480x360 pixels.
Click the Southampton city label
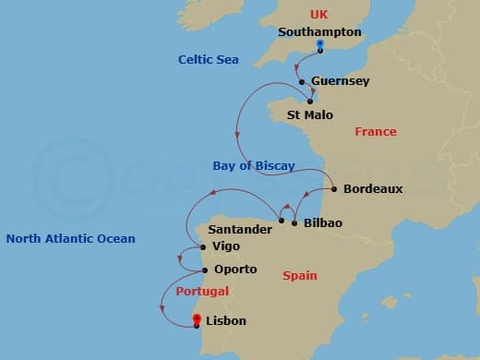coord(319,32)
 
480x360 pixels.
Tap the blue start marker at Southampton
coord(319,45)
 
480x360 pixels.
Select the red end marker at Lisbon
coord(197,320)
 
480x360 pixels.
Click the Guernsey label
coord(341,81)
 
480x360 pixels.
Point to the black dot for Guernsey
coord(302,81)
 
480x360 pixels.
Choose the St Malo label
coord(310,115)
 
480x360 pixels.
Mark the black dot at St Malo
coord(310,102)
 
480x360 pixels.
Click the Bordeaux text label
coord(373,188)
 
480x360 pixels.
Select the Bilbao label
coord(323,223)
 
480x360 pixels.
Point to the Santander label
coord(240,229)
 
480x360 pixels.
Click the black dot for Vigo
coord(203,247)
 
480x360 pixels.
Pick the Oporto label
coord(235,270)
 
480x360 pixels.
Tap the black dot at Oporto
coord(204,270)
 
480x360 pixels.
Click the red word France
coord(376,132)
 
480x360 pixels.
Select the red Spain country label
coord(300,275)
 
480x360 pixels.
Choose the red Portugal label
coord(200,292)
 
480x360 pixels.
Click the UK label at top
coord(319,15)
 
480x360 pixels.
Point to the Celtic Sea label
coord(209,60)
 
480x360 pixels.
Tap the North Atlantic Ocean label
coord(71,239)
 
